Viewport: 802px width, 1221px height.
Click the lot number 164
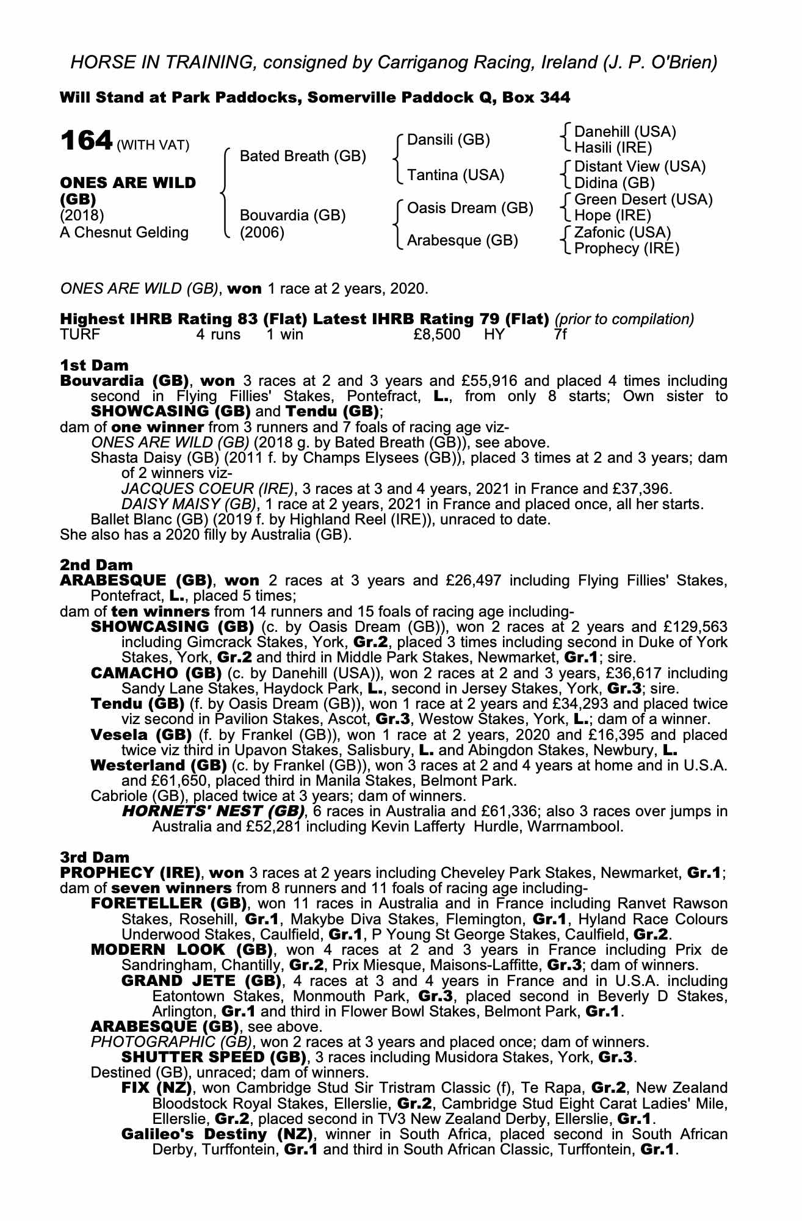click(86, 142)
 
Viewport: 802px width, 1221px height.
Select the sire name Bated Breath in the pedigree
click(303, 156)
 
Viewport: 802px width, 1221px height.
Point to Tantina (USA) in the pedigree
click(455, 175)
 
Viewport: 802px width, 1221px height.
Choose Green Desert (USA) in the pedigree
click(643, 200)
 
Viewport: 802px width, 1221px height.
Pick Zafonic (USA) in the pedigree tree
click(623, 233)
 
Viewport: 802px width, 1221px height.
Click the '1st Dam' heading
click(95, 365)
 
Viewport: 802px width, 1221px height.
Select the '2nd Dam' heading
click(96, 565)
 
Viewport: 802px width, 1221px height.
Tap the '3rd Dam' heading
click(95, 857)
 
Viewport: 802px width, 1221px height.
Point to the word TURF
click(80, 335)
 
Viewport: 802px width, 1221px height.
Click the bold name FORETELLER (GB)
click(168, 903)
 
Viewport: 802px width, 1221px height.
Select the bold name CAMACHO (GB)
click(156, 673)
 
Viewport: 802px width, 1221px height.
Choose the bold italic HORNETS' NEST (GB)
click(213, 811)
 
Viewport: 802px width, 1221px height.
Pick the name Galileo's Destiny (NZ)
click(217, 1134)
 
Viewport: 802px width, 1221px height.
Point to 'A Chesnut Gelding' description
click(124, 233)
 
